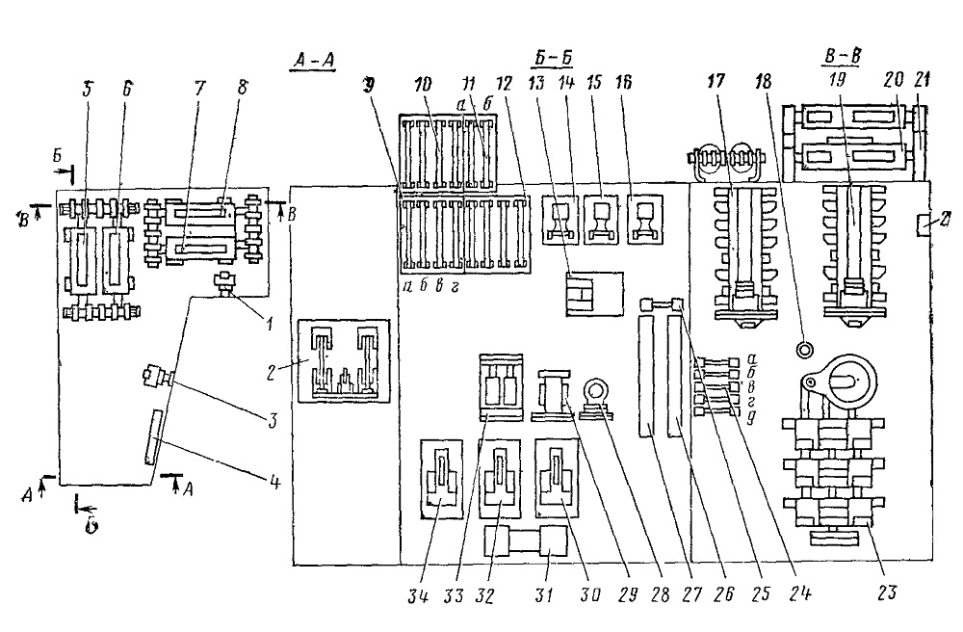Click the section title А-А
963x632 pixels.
coord(314,62)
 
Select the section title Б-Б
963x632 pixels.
coord(551,59)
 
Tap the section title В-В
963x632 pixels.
coord(842,57)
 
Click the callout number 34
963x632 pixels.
coord(420,595)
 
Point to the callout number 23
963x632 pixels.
coord(888,592)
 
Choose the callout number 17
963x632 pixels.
coord(716,81)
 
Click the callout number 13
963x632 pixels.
coord(536,82)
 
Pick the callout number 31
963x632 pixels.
coord(543,595)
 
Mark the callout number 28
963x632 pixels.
coord(661,594)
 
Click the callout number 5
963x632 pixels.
coord(88,91)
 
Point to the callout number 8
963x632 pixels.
coord(244,88)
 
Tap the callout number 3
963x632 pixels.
coord(273,421)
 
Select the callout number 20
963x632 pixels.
coord(894,79)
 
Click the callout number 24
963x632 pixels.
coord(800,593)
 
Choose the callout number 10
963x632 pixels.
coord(423,84)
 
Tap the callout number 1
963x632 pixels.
coord(268,323)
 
